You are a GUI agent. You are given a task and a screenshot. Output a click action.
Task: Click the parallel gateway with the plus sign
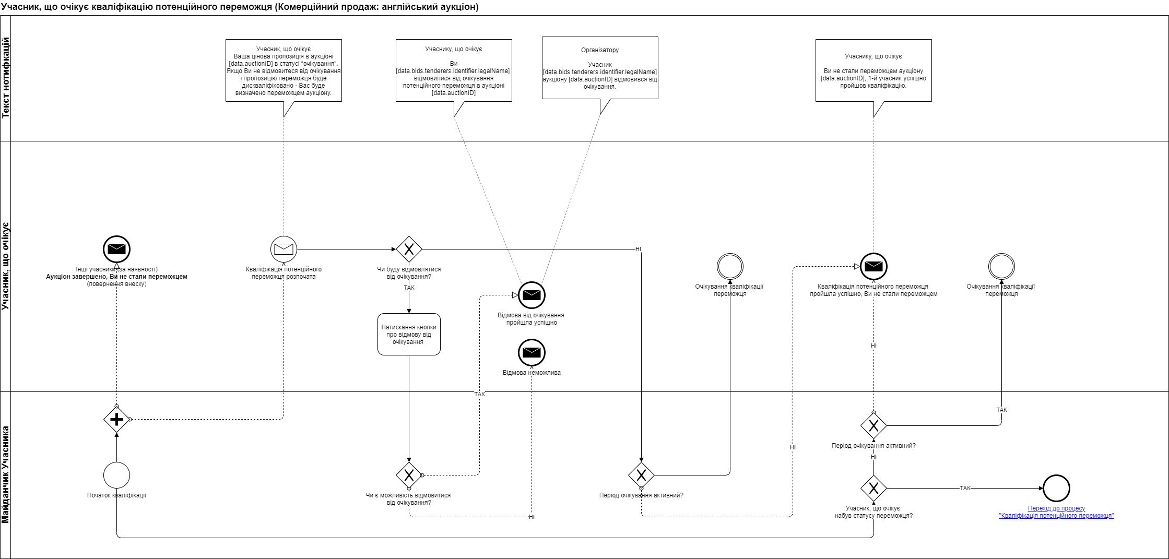point(116,419)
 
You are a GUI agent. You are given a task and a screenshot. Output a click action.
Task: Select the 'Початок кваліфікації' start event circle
point(116,475)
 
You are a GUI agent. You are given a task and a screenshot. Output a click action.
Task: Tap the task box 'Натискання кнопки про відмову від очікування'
point(409,334)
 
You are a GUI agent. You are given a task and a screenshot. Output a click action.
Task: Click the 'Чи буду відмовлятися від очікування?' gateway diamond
point(409,249)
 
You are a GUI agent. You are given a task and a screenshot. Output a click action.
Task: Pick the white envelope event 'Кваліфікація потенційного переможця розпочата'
point(284,249)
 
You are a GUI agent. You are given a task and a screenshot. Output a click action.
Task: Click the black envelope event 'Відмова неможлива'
point(532,352)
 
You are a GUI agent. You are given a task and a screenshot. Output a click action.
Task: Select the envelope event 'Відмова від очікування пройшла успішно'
point(532,295)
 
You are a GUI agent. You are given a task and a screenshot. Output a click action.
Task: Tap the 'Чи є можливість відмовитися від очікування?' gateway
point(409,475)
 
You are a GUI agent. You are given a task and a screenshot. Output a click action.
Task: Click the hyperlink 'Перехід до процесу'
point(1056,508)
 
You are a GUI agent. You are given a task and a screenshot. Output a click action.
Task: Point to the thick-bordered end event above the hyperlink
point(1056,488)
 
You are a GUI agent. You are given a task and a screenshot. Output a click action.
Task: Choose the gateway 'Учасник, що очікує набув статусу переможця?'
point(873,488)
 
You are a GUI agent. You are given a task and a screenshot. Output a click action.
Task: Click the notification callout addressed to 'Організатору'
point(600,68)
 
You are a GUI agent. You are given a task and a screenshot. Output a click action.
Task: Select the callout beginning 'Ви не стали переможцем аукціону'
point(873,70)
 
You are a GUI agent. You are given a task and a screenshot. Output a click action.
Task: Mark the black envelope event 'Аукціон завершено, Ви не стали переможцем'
point(116,249)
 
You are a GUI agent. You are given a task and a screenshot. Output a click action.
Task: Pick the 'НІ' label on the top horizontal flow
point(638,249)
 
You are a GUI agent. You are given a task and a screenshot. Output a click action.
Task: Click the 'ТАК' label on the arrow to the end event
point(965,488)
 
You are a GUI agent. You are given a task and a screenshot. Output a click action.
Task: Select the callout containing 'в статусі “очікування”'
point(284,70)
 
